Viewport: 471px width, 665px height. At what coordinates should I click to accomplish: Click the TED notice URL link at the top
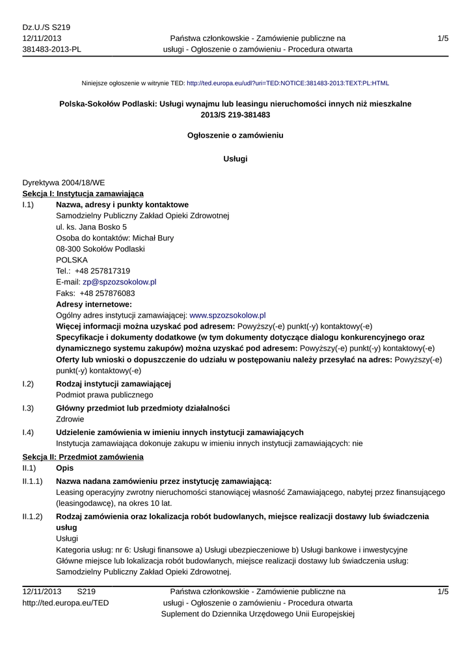click(288, 83)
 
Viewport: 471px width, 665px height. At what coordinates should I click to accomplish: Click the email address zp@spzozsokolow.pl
click(119, 282)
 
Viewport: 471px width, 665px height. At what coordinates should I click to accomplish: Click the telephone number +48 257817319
click(102, 271)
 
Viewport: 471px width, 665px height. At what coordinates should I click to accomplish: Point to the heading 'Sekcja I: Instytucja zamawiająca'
click(83, 194)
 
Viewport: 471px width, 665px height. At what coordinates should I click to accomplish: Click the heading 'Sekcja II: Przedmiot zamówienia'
click(83, 457)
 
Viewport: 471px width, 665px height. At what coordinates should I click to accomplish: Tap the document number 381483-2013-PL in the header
click(52, 49)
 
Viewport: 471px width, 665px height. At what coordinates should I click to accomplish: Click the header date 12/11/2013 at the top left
click(42, 38)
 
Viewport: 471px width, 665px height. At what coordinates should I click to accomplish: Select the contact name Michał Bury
click(153, 238)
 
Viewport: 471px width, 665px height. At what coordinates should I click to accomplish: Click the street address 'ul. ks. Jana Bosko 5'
click(92, 227)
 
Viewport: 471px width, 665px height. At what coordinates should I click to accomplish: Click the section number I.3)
click(28, 408)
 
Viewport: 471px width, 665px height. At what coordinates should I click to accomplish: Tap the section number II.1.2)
click(33, 516)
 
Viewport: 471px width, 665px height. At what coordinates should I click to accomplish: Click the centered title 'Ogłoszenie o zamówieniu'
click(235, 136)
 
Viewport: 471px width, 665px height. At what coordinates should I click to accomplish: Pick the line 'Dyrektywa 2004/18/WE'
click(64, 183)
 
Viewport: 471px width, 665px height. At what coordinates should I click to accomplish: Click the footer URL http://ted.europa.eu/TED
click(66, 603)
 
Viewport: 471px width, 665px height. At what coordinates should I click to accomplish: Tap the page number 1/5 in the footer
click(443, 592)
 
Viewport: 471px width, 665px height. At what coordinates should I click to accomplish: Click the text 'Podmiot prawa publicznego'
click(105, 395)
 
